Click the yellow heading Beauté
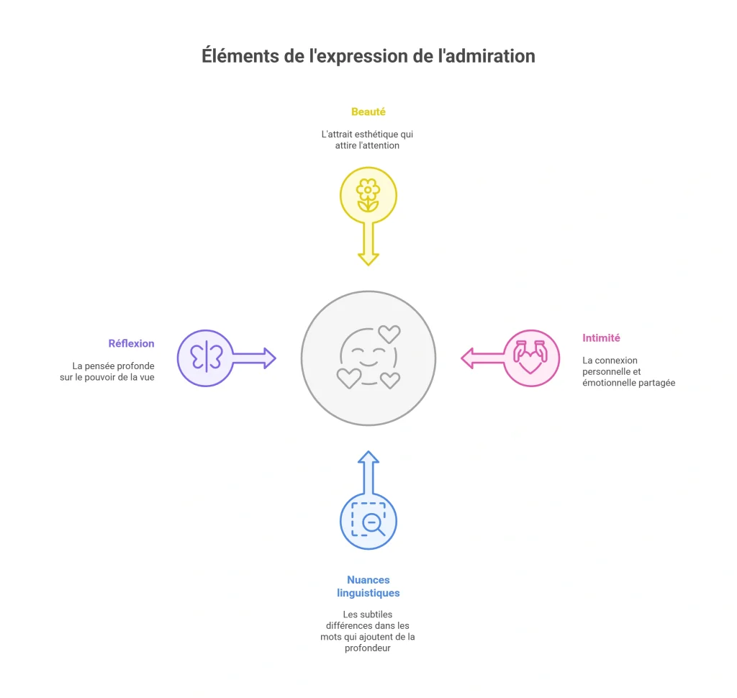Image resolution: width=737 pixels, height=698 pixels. pos(368,112)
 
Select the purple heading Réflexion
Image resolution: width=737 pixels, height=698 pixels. pos(131,343)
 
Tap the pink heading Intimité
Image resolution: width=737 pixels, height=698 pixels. pos(601,338)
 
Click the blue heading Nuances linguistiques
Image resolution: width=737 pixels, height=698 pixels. pos(368,586)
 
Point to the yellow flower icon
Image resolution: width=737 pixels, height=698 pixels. pos(368,195)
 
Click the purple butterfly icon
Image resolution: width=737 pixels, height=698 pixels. pos(206,358)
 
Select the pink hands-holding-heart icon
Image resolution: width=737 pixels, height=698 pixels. pos(530,357)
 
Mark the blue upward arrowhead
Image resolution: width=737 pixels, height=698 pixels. pos(368,458)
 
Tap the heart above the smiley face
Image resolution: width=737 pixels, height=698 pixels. pos(389,334)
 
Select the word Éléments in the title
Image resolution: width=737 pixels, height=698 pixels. pos(240,56)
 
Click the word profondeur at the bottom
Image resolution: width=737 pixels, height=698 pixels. pos(368,648)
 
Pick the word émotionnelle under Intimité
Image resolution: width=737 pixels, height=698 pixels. pos(607,383)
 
